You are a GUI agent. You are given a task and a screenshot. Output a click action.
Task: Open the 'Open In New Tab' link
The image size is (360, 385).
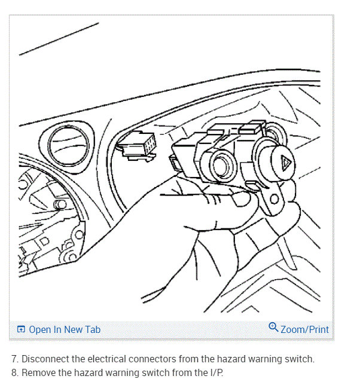[x=65, y=329]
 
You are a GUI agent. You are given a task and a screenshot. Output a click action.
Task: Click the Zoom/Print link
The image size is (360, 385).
[x=304, y=329]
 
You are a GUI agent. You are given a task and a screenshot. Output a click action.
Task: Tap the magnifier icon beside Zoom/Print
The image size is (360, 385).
[x=273, y=328]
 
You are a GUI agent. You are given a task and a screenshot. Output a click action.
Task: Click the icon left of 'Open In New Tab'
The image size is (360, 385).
[x=22, y=329]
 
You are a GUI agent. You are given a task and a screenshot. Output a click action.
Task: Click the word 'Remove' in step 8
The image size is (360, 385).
[x=39, y=372]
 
